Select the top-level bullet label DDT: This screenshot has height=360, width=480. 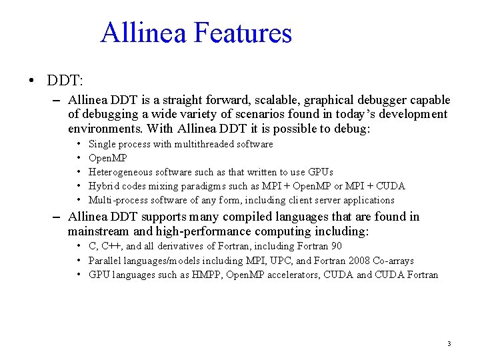65,81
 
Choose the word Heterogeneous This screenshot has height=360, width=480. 119,172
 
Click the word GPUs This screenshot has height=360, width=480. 319,172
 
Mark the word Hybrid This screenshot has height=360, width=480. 103,186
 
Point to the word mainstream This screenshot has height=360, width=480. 99,231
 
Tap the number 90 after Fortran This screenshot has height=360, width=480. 336,246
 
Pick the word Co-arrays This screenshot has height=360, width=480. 391,261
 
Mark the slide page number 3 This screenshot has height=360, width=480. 449,344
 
